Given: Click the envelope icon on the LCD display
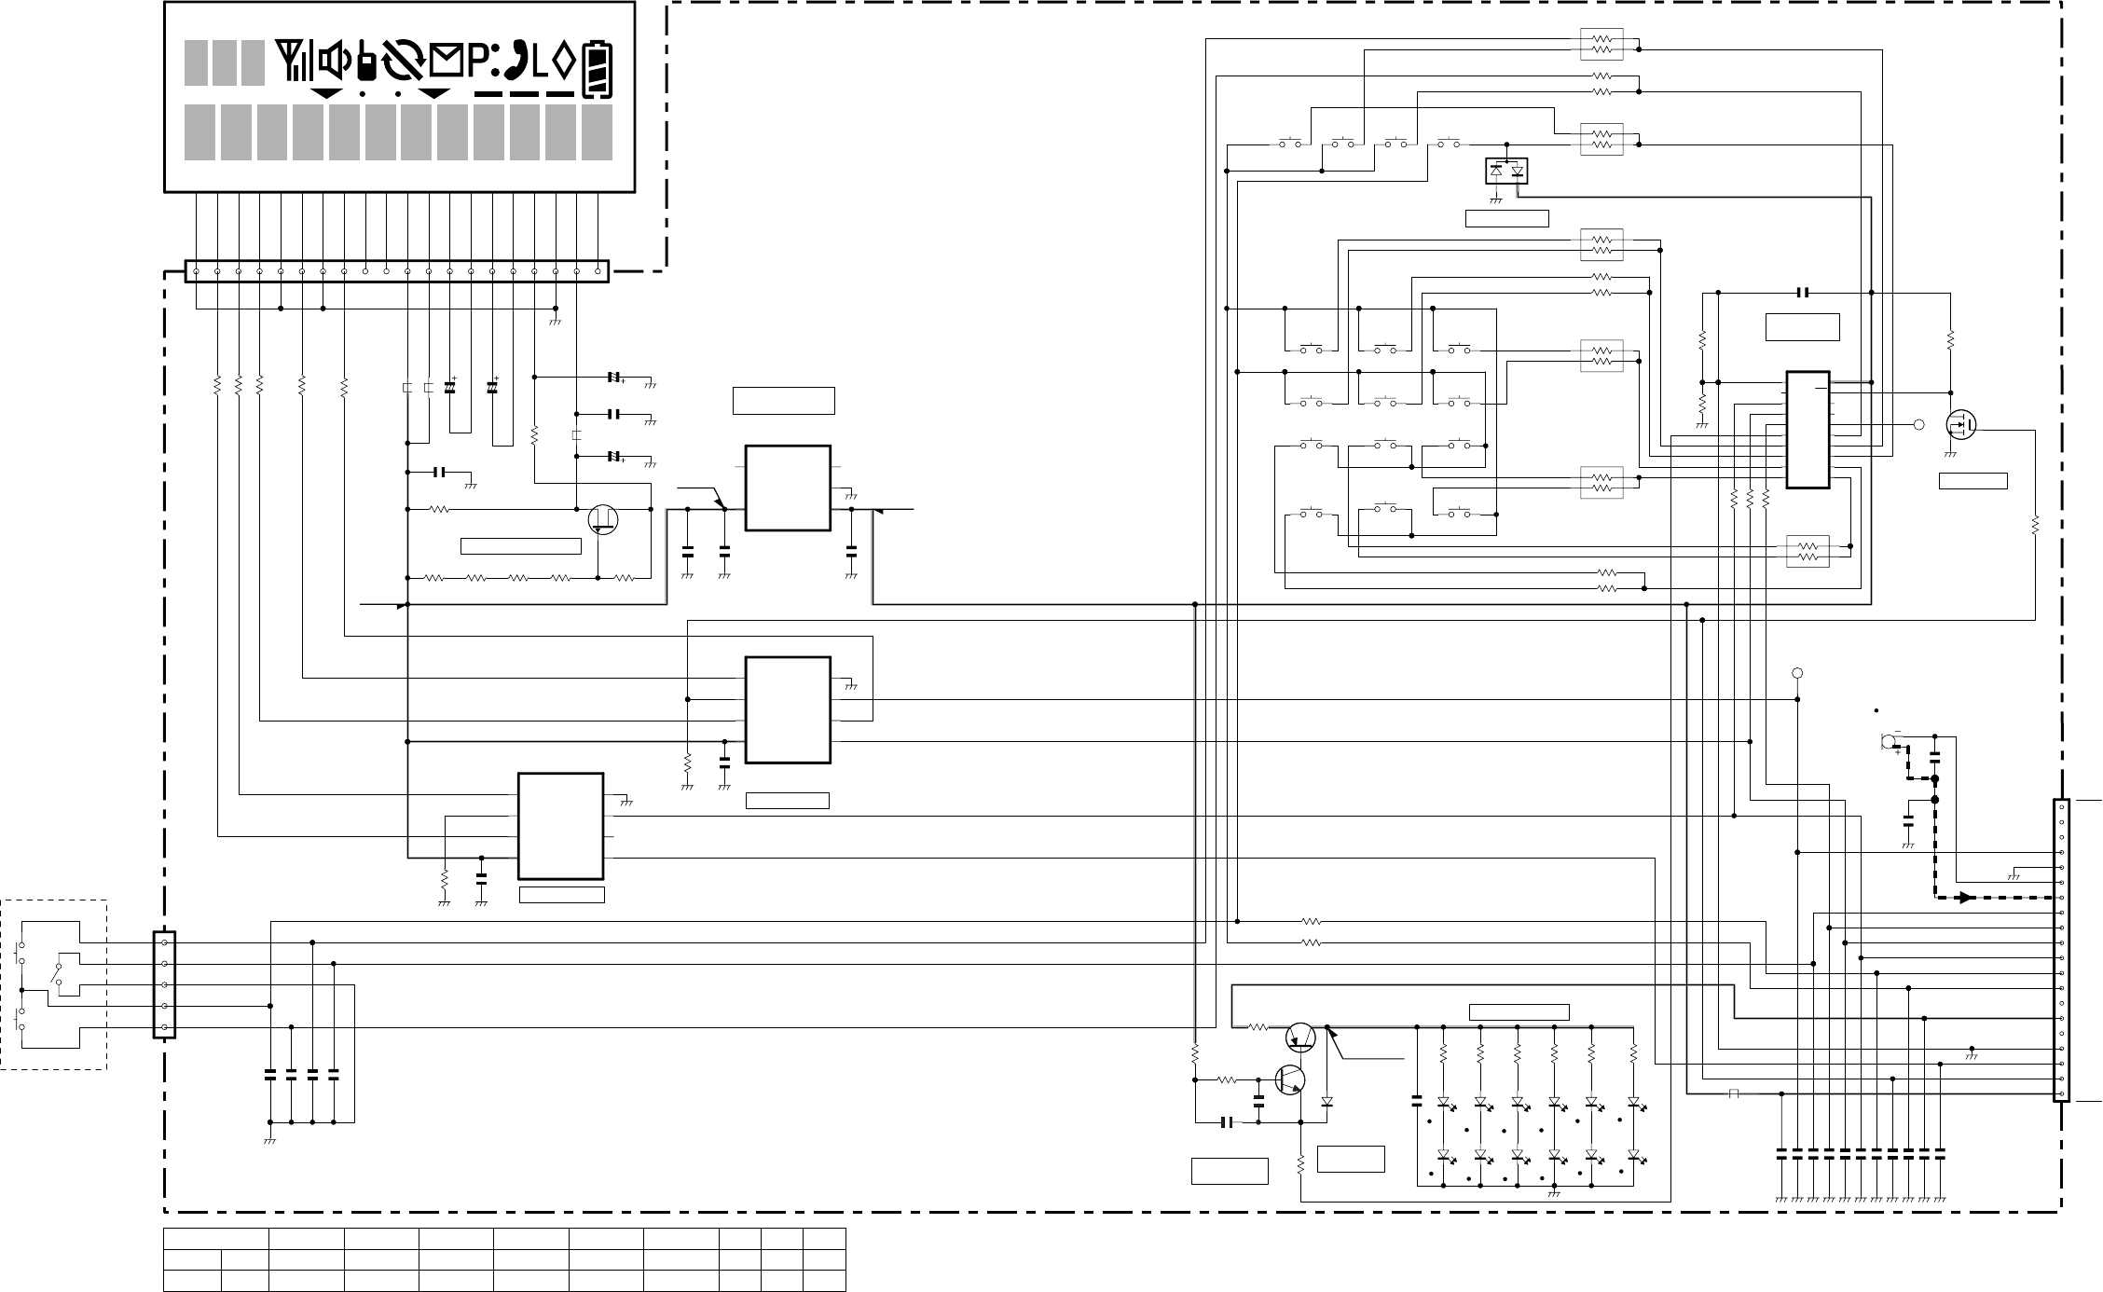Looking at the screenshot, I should click(447, 63).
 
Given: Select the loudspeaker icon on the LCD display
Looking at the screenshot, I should click(335, 63).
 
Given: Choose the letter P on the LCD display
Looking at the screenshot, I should click(480, 63).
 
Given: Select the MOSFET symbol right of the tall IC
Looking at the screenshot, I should click(1961, 425).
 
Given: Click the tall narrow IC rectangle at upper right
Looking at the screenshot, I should click(1807, 430).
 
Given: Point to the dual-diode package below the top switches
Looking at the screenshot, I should click(1506, 172).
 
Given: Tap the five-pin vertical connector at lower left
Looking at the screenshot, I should click(164, 984).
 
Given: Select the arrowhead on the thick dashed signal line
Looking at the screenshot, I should click(1967, 898).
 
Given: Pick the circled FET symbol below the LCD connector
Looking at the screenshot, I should click(603, 519).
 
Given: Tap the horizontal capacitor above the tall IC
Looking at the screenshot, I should click(1803, 293).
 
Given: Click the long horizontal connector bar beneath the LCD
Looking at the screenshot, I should click(397, 271).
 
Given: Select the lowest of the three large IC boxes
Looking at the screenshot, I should click(560, 826).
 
